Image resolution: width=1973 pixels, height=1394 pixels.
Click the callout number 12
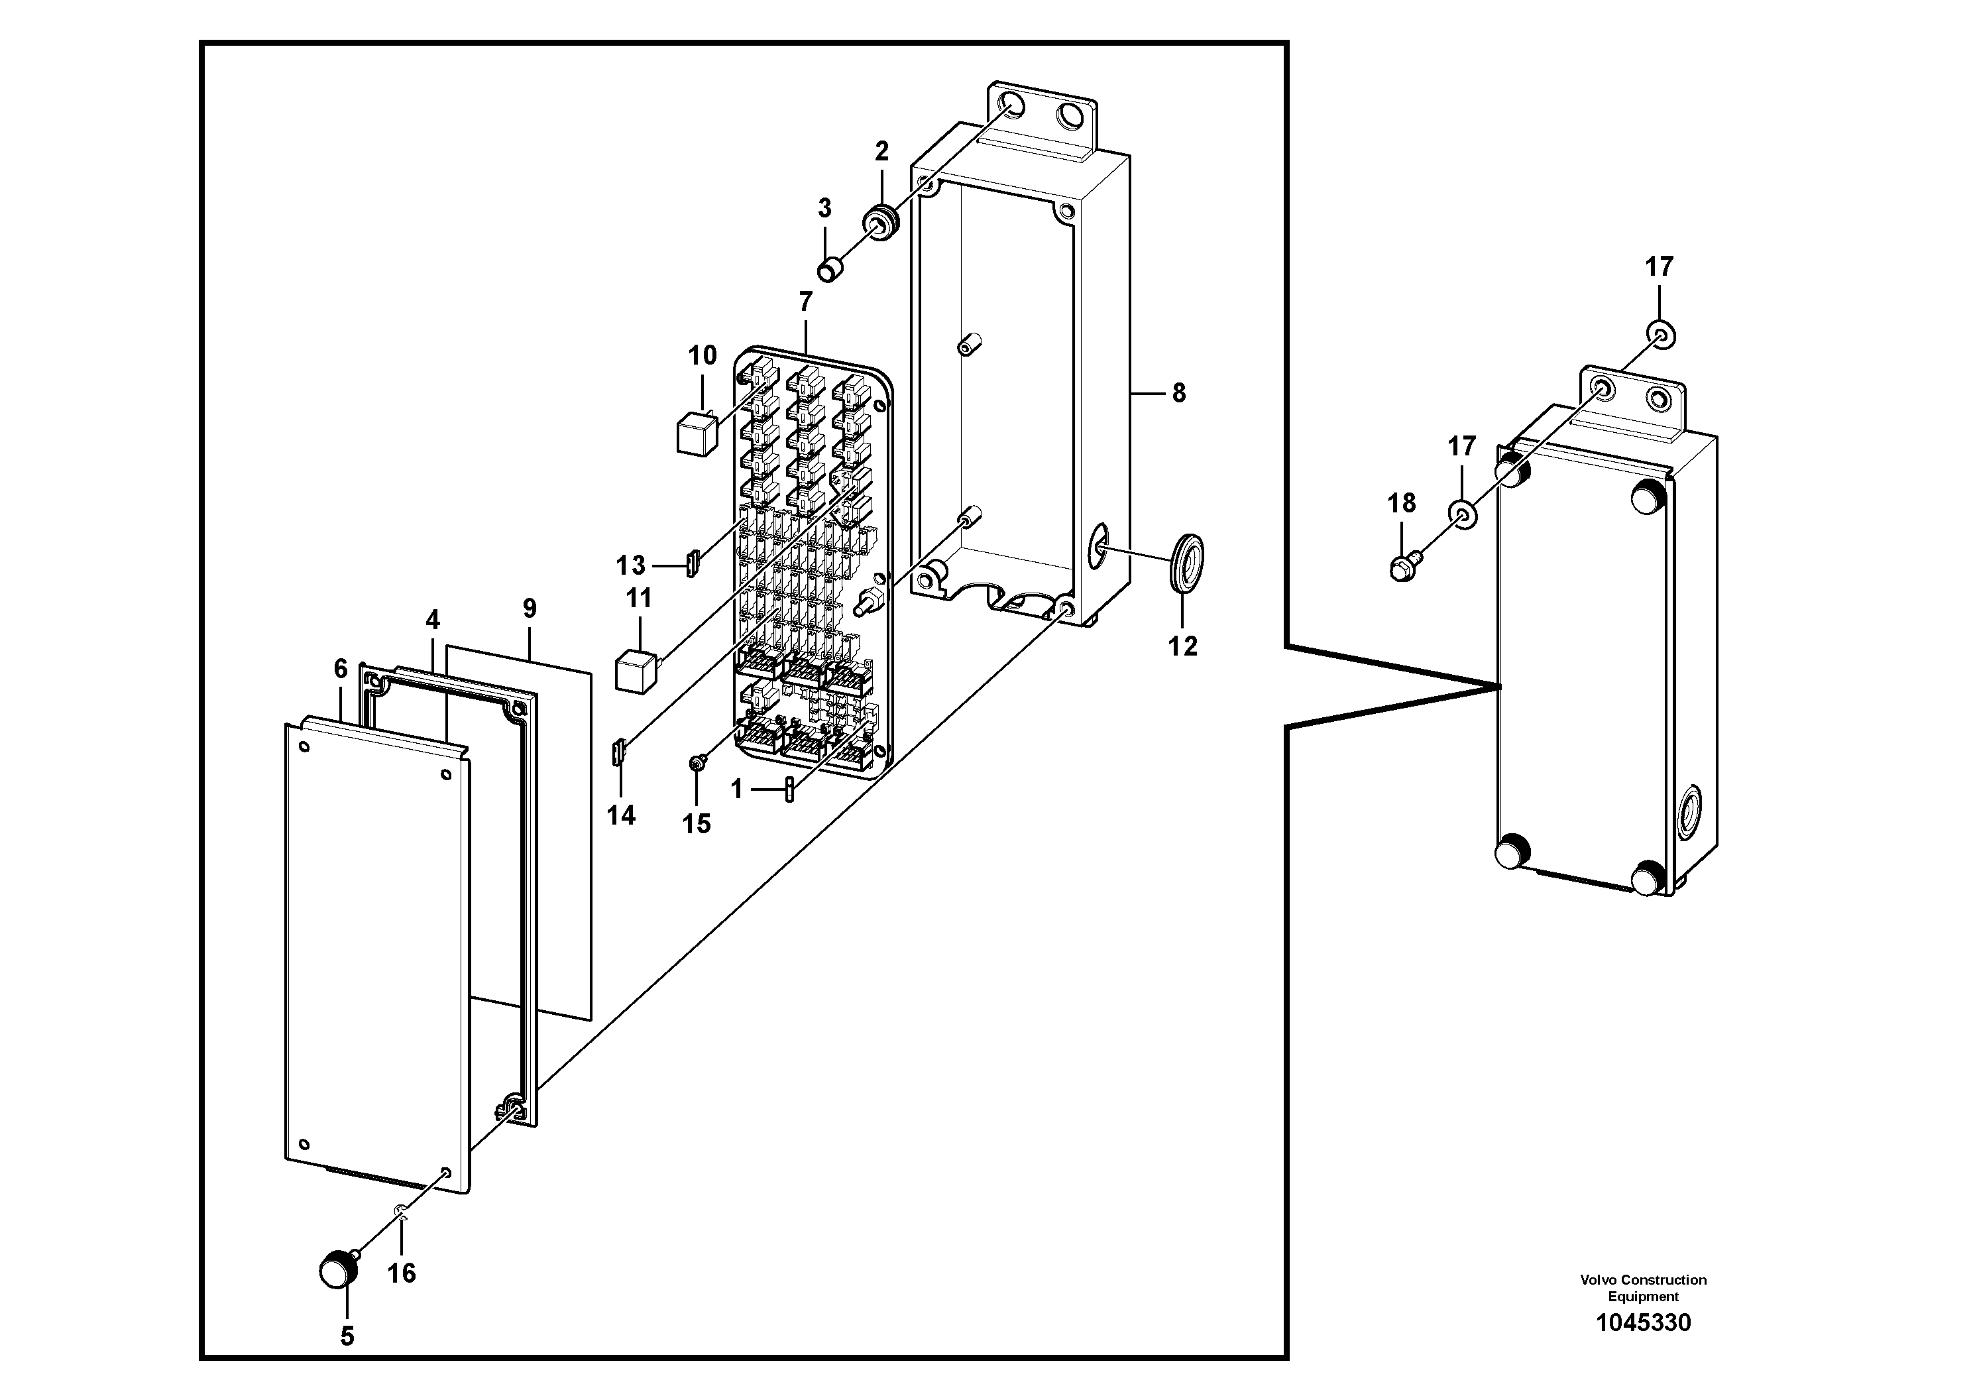(x=1182, y=646)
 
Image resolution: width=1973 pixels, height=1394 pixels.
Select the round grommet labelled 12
(x=1187, y=562)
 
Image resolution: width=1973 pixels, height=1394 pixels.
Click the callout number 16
(x=402, y=1272)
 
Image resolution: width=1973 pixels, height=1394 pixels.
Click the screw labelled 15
(x=698, y=762)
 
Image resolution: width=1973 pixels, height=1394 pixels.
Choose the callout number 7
(x=805, y=302)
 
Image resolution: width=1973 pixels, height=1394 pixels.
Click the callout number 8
(x=1179, y=393)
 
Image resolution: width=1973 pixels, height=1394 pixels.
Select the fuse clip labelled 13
(x=692, y=564)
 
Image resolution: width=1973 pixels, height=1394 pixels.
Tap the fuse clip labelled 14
(x=618, y=754)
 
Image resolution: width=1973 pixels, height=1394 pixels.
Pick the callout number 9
(x=530, y=609)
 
